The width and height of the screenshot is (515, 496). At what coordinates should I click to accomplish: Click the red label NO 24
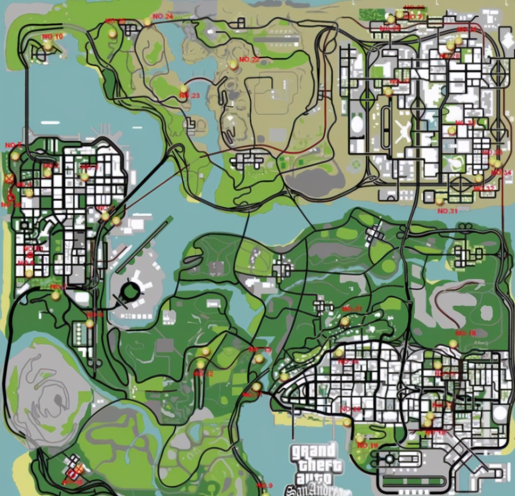tap(163, 16)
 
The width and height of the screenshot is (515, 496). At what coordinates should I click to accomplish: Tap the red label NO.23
tap(190, 95)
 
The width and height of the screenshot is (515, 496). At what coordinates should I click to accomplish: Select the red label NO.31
tap(448, 211)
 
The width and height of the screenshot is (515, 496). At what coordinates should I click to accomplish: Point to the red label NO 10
tap(53, 37)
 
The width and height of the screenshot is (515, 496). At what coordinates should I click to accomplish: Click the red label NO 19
tap(368, 445)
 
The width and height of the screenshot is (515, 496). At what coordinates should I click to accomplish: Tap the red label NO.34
tap(502, 172)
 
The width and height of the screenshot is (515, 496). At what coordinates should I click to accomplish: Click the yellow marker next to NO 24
tap(148, 22)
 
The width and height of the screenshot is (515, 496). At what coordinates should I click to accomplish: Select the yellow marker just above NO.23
tap(184, 88)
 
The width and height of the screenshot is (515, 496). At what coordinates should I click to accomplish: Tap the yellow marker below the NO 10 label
tap(48, 46)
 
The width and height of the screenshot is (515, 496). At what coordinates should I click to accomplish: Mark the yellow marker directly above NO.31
tap(439, 200)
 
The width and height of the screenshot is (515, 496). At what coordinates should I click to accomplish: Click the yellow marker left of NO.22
tap(233, 64)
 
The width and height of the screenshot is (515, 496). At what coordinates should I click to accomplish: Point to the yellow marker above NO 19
tap(360, 438)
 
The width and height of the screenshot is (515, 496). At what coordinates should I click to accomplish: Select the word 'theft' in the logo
tap(320, 465)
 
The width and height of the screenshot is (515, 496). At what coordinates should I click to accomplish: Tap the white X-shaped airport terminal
tap(403, 131)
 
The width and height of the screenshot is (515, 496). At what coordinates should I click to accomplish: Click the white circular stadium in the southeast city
tap(500, 413)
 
